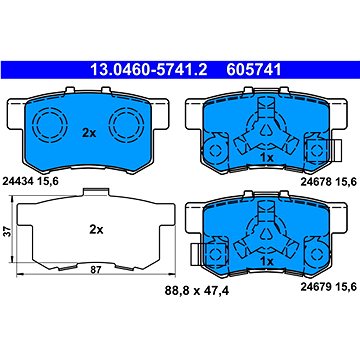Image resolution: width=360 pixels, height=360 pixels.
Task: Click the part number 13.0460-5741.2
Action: [x=149, y=70]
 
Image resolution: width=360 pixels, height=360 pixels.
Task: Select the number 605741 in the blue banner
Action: [x=254, y=70]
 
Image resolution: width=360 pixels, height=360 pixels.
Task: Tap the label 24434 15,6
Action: [x=31, y=181]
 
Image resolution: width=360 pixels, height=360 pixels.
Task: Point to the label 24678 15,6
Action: [x=329, y=181]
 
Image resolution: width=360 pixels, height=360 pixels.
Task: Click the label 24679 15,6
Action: [x=329, y=286]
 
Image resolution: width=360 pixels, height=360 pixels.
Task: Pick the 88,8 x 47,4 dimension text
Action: [x=197, y=291]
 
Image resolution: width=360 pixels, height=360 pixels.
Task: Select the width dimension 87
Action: [x=95, y=270]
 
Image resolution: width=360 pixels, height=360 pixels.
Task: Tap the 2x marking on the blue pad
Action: [x=89, y=134]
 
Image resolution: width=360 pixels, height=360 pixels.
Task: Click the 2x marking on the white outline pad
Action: [x=96, y=230]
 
